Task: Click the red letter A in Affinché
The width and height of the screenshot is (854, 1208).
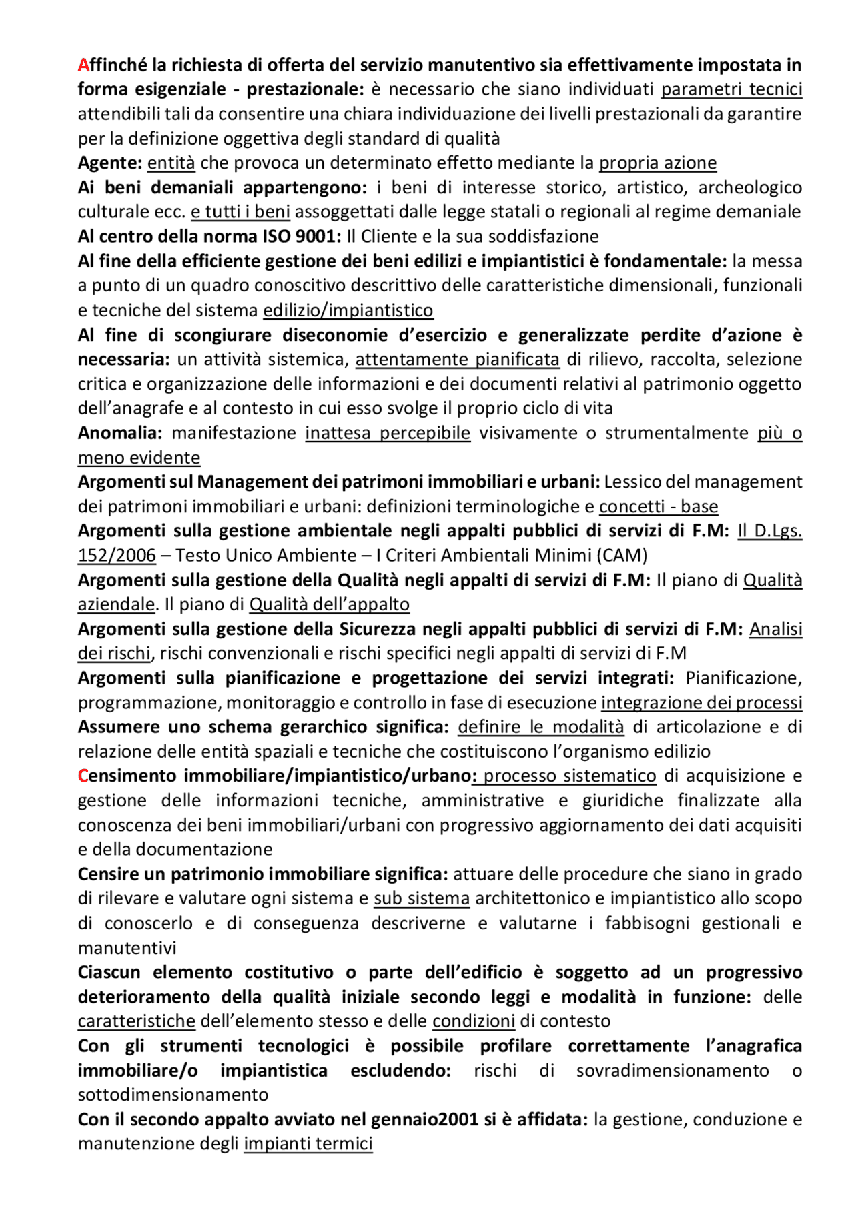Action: coord(83,65)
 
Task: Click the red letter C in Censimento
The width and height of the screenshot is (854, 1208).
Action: coord(83,776)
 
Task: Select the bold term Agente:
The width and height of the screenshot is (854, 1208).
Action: coord(110,163)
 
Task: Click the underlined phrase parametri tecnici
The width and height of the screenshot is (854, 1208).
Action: coord(731,89)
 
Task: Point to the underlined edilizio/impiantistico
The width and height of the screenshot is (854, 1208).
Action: coord(348,310)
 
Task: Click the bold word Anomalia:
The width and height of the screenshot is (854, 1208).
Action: coord(120,433)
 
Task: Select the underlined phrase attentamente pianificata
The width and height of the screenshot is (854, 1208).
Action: coord(457,360)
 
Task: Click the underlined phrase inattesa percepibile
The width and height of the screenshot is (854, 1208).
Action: coord(388,433)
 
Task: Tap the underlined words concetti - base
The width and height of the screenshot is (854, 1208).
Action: coord(659,507)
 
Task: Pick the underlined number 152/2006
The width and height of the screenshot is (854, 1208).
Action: coord(117,556)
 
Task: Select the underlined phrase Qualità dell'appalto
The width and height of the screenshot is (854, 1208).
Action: coord(330,604)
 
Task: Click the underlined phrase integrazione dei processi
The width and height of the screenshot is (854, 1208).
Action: coord(701,703)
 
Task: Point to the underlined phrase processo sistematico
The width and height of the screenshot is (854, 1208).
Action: coord(569,776)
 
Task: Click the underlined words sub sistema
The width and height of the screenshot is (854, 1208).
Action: coord(422,898)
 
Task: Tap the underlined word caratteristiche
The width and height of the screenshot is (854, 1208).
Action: coord(137,1021)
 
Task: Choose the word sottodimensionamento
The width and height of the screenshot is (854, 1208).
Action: coord(173,1095)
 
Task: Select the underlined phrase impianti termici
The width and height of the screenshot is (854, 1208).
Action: coord(308,1144)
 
